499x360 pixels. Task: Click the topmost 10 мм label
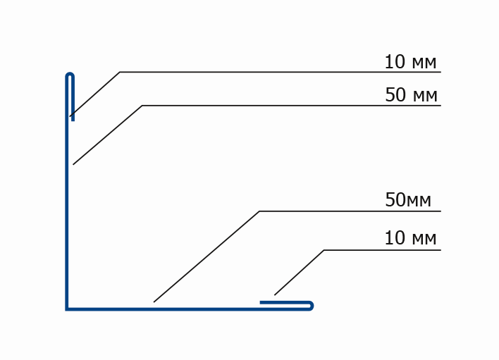[410, 62]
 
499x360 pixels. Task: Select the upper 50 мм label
[411, 95]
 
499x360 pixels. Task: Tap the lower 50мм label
[408, 200]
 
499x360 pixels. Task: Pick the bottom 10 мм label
[410, 238]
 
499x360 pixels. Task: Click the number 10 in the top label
[395, 62]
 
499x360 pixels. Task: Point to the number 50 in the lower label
[395, 200]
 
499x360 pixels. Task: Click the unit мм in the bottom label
[424, 240]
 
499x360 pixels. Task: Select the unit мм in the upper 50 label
[425, 97]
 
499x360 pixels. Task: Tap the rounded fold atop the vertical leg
[70, 75]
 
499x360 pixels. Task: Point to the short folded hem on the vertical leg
[73, 99]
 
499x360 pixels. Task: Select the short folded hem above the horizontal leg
[285, 302]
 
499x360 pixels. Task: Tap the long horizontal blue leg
[187, 309]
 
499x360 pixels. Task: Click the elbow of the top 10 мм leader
[120, 72]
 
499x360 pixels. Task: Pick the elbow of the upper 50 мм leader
[142, 106]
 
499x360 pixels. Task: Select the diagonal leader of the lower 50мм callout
[207, 256]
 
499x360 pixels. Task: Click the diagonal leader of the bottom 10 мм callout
[299, 273]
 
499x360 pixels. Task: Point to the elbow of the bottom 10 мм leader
[324, 250]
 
